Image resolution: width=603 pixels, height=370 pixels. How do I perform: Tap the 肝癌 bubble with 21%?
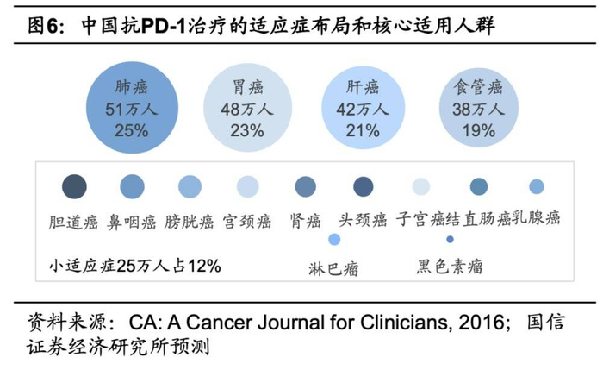361,108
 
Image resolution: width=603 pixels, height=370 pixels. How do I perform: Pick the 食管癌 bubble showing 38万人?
477,108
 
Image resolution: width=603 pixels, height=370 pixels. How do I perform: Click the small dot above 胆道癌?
75,186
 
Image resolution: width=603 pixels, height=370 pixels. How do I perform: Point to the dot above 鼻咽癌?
132,186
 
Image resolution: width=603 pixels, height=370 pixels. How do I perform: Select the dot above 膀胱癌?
190,187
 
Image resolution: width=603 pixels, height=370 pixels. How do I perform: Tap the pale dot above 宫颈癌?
247,187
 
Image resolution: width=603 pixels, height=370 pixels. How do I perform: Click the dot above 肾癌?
305,187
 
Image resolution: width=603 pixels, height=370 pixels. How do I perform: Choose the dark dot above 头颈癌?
363,187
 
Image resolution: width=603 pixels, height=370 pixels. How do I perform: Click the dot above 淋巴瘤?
334,239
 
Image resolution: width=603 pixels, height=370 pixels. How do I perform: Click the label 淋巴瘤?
333,268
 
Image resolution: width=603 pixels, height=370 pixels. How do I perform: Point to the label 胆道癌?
74,220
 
